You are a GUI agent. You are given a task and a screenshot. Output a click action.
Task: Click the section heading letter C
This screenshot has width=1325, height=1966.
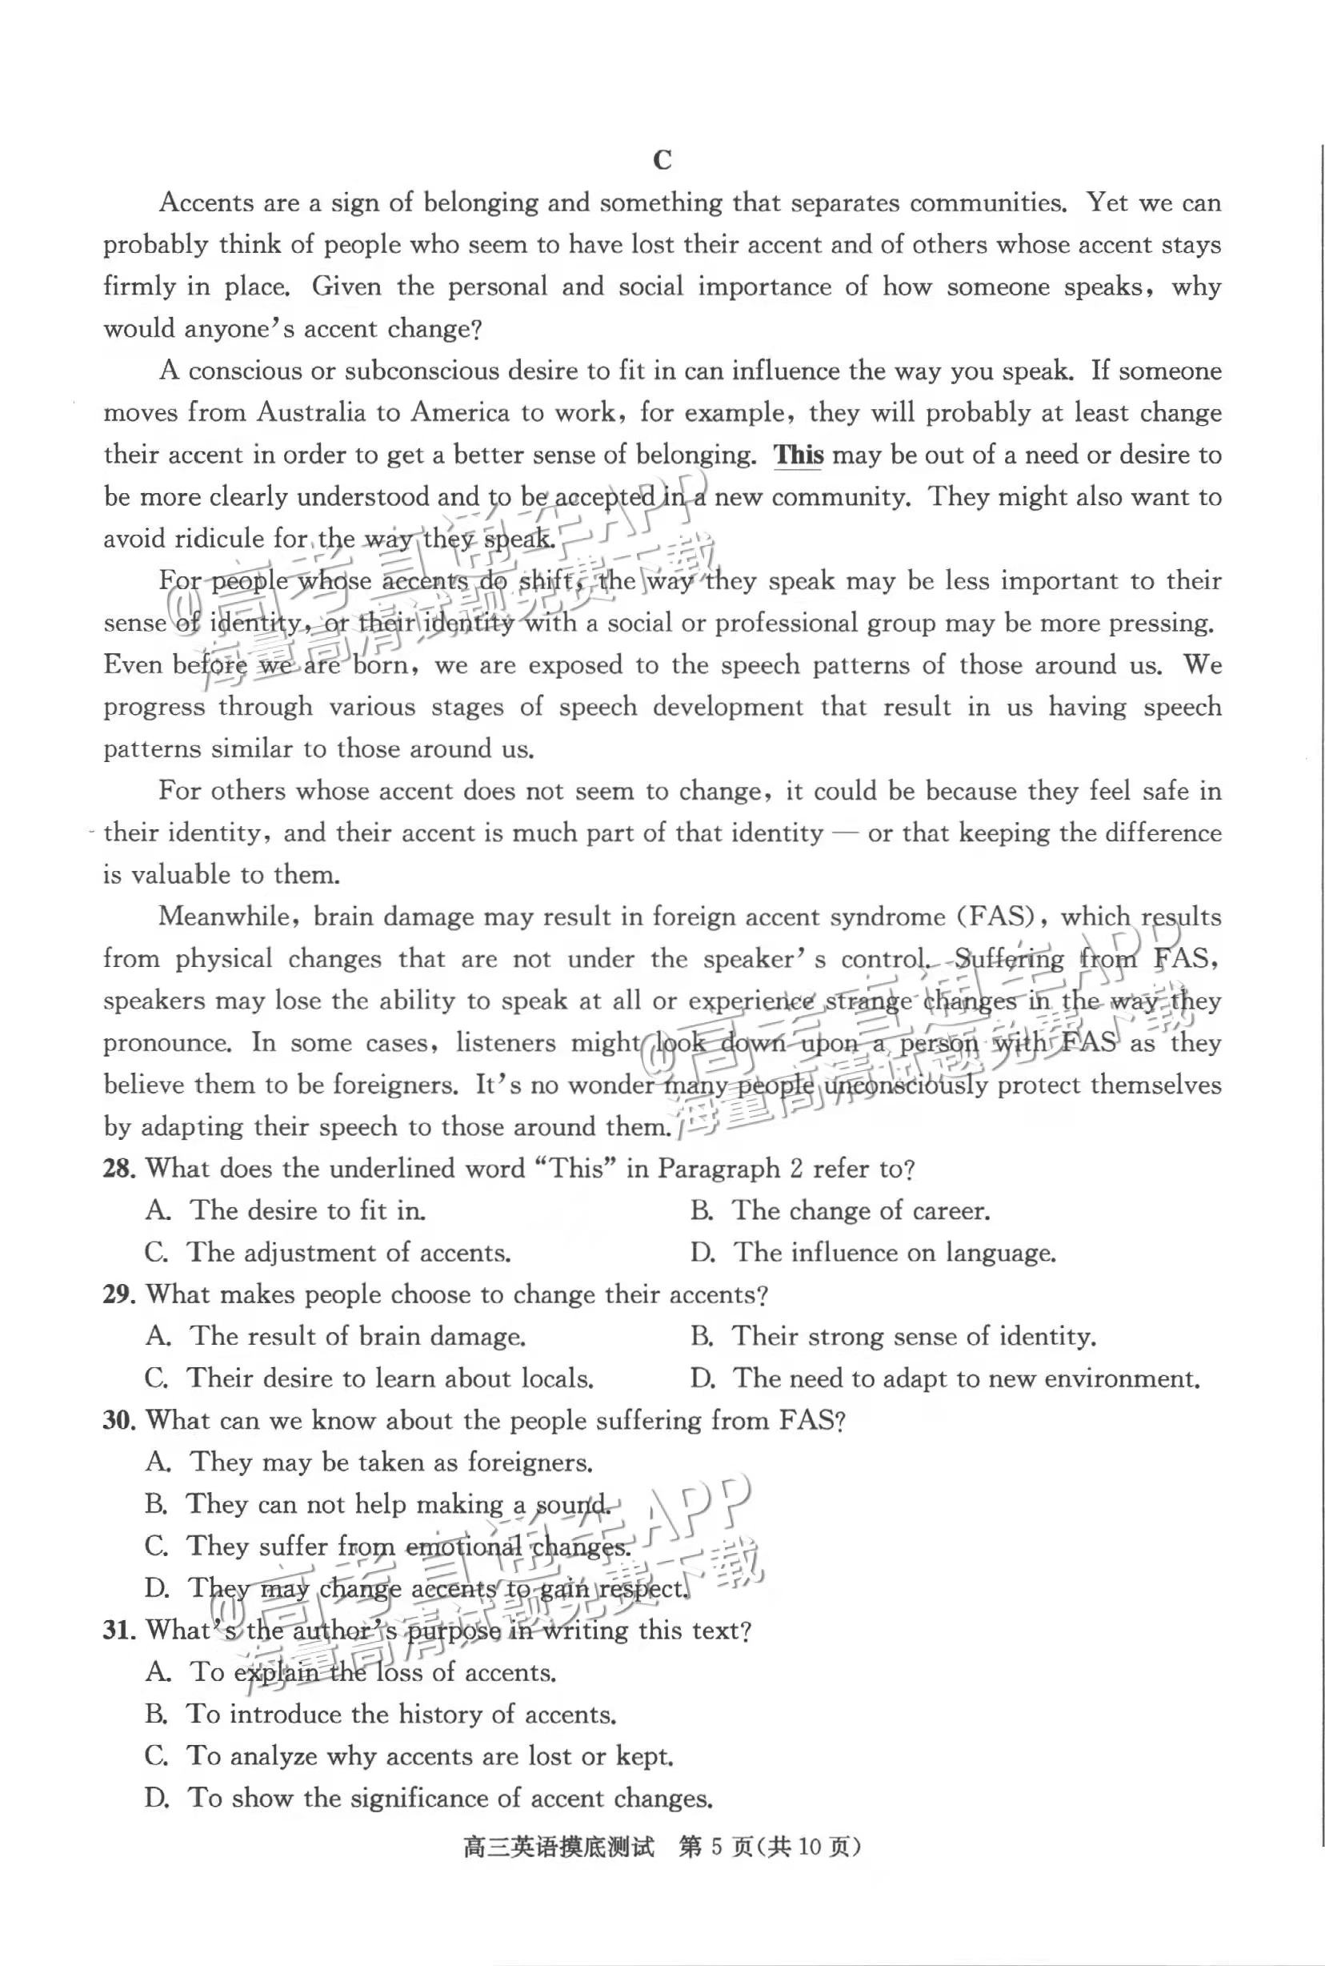662,160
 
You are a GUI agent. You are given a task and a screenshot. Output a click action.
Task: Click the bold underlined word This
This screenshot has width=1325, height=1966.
799,455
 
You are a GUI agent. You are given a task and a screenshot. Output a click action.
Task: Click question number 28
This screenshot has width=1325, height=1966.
119,1169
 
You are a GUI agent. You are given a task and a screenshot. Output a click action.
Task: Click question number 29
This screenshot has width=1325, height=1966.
119,1295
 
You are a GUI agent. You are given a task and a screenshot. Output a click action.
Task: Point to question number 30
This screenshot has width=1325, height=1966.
119,1421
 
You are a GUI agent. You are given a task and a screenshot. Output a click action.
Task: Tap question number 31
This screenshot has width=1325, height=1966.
119,1630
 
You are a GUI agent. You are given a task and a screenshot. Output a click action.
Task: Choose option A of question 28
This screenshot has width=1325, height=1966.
286,1210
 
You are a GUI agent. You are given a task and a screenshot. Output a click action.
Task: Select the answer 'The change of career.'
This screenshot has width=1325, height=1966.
840,1210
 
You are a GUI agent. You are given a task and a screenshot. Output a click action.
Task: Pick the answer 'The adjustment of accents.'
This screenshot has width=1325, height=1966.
328,1253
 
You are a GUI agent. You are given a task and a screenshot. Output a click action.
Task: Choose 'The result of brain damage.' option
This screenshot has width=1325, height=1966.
335,1336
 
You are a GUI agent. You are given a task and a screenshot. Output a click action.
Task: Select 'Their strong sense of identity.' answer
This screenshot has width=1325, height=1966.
893,1336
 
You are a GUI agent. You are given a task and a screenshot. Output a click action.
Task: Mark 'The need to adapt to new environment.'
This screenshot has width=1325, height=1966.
945,1378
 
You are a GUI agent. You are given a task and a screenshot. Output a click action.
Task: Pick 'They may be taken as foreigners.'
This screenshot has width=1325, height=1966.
370,1462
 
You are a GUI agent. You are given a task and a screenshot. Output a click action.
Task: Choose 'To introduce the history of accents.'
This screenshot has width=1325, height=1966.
380,1714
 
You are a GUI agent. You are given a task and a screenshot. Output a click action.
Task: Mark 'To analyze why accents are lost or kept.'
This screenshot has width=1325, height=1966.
409,1755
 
